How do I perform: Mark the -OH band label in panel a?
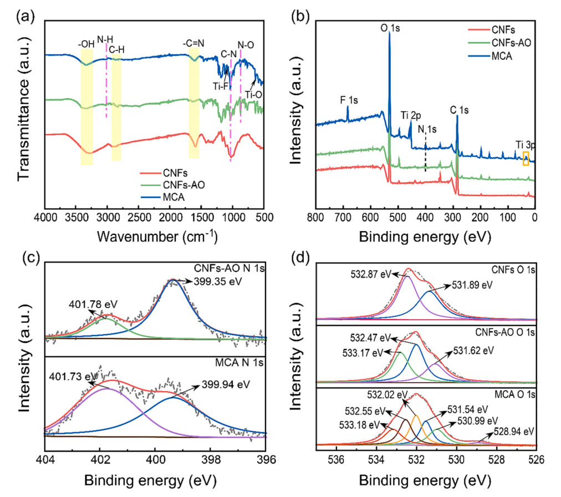pyautogui.click(x=86, y=40)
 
